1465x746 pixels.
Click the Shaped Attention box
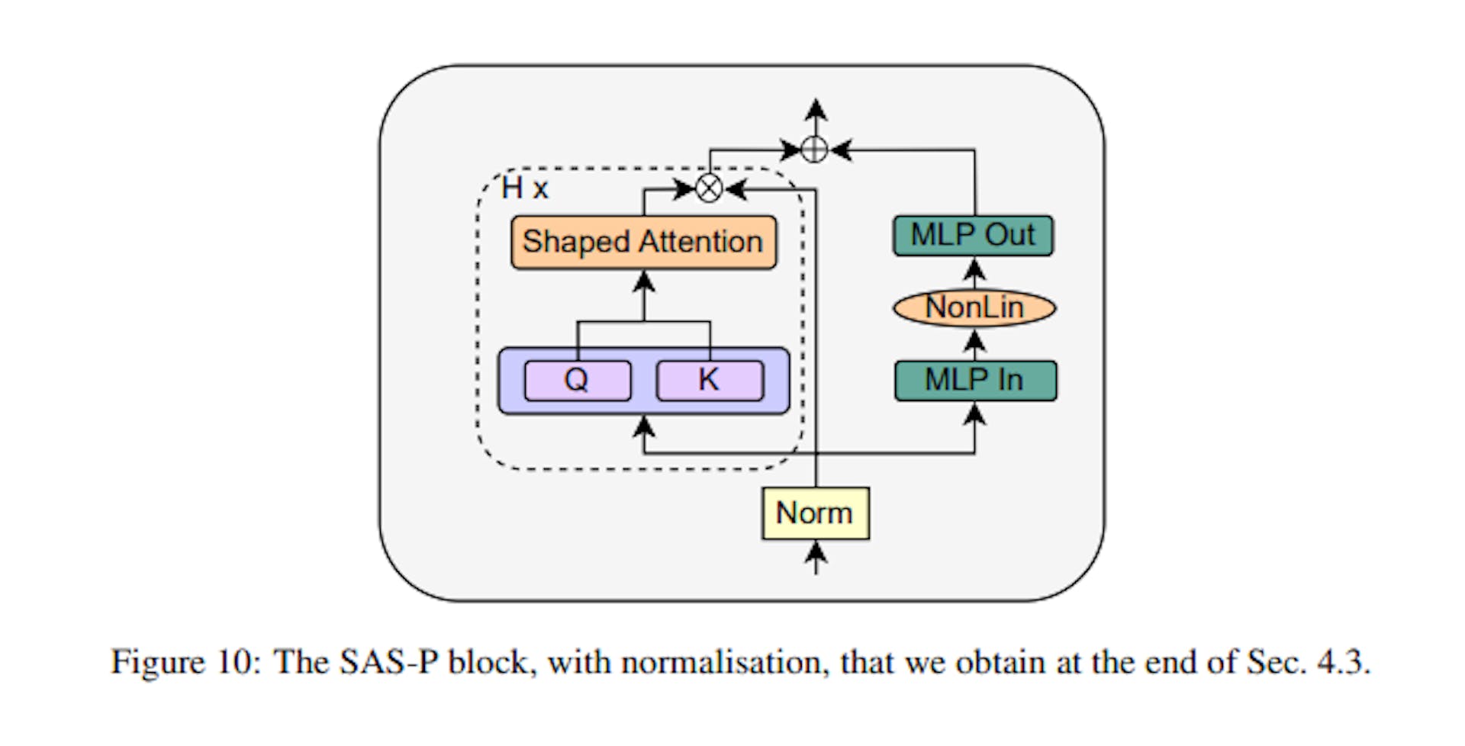(643, 243)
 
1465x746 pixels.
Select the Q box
(578, 380)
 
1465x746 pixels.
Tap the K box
(710, 380)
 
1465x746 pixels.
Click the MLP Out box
(973, 236)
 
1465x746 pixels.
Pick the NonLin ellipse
(974, 308)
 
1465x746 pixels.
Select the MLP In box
(975, 381)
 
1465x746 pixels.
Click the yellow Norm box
(815, 513)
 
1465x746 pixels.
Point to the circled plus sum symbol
(815, 150)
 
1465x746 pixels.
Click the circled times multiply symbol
(710, 188)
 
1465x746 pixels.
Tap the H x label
(524, 188)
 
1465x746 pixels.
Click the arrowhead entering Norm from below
(816, 551)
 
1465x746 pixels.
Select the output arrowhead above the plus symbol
(816, 109)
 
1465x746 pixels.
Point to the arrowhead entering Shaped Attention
(645, 281)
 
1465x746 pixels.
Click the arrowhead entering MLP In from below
(974, 415)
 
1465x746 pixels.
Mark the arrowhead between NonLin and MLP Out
(974, 269)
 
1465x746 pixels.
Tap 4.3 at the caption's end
(1341, 662)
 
